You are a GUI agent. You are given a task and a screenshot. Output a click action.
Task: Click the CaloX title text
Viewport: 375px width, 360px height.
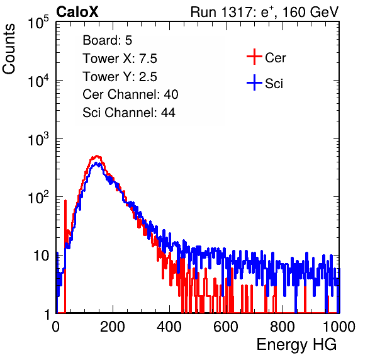(x=77, y=12)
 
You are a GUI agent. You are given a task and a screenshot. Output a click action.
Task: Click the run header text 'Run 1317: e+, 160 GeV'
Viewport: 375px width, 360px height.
(x=264, y=12)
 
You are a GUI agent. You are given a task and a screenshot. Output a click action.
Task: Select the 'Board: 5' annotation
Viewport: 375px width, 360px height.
(x=107, y=40)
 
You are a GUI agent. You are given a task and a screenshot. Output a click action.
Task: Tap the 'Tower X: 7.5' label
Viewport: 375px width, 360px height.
(x=120, y=59)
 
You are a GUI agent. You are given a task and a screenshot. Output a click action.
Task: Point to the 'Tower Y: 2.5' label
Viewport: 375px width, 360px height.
(x=120, y=77)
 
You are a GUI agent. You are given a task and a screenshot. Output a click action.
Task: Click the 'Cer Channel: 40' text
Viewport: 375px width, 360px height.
(x=130, y=94)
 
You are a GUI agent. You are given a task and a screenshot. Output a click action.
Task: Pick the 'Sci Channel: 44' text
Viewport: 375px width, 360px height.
(x=129, y=113)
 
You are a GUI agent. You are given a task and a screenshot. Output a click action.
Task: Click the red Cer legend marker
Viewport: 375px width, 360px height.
(x=254, y=57)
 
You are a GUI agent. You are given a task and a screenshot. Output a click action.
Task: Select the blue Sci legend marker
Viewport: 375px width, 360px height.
(x=254, y=83)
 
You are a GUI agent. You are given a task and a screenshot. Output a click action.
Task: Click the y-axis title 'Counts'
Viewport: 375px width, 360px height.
(x=9, y=49)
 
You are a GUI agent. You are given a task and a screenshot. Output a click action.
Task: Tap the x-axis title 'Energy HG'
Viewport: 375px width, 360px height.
(x=296, y=345)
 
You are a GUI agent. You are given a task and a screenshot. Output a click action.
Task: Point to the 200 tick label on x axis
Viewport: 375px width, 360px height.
(x=113, y=327)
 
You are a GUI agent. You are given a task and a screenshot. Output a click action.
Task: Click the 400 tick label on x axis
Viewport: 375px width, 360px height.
(x=169, y=327)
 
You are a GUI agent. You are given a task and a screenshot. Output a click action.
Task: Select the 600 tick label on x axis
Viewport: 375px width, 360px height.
(x=226, y=327)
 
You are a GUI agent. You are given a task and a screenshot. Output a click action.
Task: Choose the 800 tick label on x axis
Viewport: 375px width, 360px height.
(x=283, y=327)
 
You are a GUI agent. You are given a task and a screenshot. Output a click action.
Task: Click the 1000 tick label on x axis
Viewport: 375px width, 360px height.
(x=339, y=327)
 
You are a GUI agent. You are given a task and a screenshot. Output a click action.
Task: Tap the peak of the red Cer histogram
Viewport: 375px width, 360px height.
(x=97, y=156)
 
